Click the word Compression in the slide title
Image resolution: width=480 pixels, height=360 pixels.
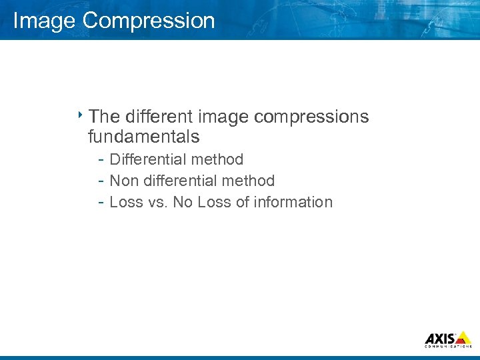(148, 21)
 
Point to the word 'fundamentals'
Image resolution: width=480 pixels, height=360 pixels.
(143, 137)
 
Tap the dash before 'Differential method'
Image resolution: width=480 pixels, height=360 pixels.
(99, 159)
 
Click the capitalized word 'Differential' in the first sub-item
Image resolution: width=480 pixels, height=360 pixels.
(148, 159)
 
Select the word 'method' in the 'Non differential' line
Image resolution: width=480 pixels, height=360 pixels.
(249, 181)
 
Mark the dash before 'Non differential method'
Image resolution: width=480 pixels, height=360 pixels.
(99, 181)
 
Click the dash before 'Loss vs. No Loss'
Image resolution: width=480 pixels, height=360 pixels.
(99, 202)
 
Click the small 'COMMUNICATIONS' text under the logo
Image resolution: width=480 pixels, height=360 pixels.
(448, 347)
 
